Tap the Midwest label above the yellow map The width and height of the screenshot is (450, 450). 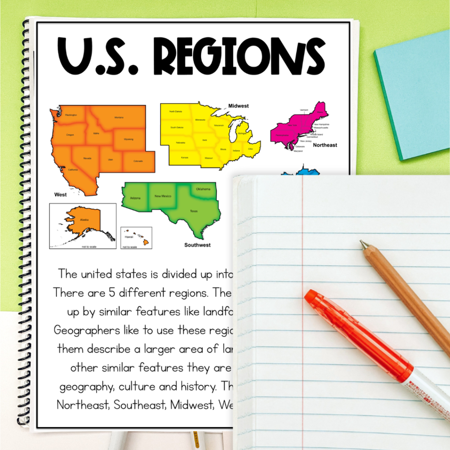238,106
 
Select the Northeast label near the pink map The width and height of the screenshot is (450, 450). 325,145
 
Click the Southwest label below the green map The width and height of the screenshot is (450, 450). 197,245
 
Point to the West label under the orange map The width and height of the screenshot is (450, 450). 61,194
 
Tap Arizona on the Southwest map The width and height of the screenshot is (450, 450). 135,199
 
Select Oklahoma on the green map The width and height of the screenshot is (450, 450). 203,189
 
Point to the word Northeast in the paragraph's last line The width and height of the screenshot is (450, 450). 83,405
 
